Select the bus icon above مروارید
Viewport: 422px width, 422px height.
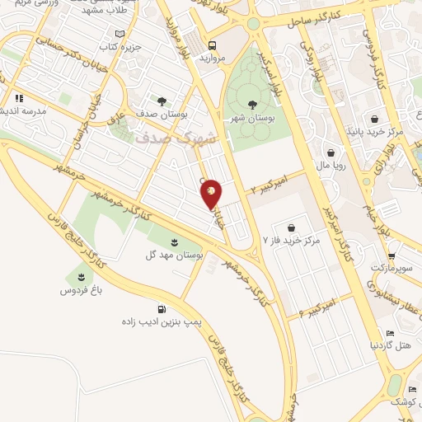tap(213, 45)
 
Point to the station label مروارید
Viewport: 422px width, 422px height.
tap(213, 61)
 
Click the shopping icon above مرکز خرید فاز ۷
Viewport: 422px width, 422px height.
tap(291, 227)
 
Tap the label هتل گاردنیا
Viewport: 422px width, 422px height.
tap(391, 345)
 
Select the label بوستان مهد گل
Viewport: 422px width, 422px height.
tap(176, 256)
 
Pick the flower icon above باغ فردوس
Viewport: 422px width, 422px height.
tap(81, 276)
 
